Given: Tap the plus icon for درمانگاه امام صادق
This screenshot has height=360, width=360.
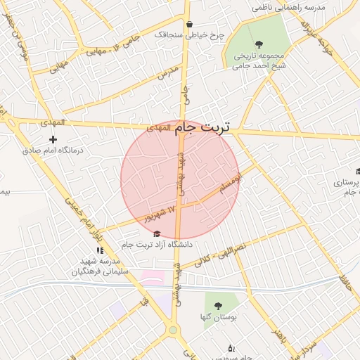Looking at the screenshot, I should tap(53, 139).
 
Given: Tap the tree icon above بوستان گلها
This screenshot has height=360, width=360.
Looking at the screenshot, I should tap(217, 306).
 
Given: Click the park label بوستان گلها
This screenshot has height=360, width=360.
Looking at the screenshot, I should tap(217, 318).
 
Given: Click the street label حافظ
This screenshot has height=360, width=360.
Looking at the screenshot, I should tap(345, 283).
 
